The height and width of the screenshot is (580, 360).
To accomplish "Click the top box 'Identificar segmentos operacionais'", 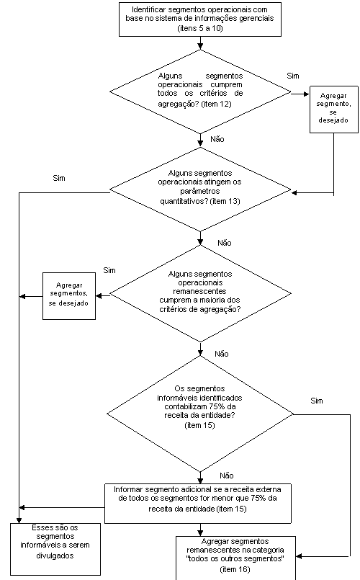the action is [x=200, y=19].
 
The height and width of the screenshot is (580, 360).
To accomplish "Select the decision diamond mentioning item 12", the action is [x=200, y=92].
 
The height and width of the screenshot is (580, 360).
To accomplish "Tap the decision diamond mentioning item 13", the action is [x=200, y=189].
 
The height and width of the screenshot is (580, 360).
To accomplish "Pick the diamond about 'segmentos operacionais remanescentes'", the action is [x=200, y=294].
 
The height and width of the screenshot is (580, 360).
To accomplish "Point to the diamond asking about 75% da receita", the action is [x=200, y=414].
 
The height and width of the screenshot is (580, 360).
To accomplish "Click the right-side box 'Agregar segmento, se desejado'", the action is [x=334, y=110].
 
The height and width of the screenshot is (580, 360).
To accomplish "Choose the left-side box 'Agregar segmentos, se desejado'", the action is [x=69, y=296].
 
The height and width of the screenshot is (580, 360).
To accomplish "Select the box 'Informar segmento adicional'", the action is [x=198, y=503].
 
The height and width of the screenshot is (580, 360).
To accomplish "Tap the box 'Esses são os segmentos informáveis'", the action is [x=55, y=549].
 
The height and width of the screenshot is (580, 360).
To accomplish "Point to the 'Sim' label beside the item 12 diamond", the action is [x=293, y=76].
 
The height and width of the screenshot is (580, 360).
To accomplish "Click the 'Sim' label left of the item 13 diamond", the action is [x=59, y=178].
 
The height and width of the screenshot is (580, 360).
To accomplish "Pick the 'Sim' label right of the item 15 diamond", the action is [x=317, y=401].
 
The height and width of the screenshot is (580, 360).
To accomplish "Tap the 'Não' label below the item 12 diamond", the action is [x=217, y=140].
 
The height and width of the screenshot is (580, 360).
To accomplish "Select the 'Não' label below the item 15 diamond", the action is [x=227, y=476].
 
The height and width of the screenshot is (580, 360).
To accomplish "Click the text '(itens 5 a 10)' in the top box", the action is [x=200, y=28].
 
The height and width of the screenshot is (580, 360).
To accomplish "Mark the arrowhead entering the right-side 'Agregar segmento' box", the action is [x=307, y=94].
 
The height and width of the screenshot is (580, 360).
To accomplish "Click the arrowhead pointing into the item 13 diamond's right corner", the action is [x=294, y=192].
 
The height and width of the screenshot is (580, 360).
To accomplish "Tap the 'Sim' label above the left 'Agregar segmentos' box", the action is [x=109, y=270].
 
